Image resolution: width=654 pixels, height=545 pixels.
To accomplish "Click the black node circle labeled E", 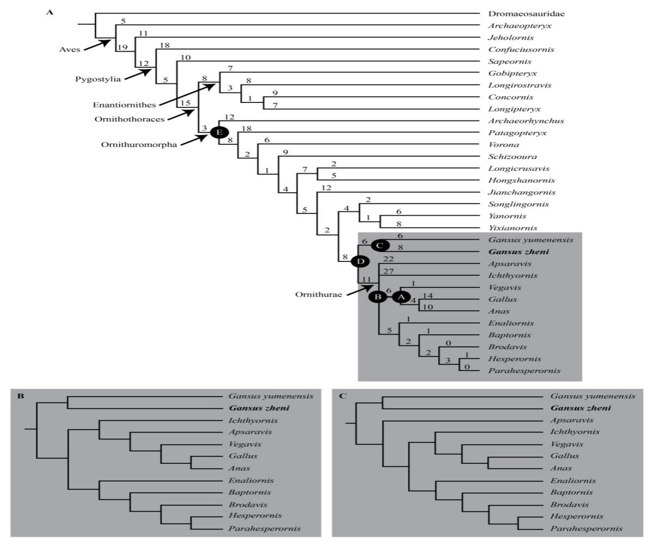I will click(219, 132).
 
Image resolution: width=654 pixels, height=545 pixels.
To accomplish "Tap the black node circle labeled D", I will click(360, 262).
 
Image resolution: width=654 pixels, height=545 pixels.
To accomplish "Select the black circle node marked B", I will click(377, 297).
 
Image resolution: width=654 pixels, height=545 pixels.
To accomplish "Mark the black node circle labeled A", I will click(401, 297).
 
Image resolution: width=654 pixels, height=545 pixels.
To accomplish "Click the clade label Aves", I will click(69, 50).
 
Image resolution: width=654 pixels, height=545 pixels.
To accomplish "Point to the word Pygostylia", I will click(98, 79).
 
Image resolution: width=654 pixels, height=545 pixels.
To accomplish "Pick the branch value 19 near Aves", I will click(123, 47).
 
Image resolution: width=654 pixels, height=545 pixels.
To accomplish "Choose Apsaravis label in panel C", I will click(571, 420).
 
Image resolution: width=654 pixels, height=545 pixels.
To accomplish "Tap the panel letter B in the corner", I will click(20, 396).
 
